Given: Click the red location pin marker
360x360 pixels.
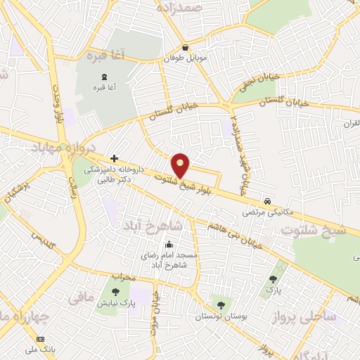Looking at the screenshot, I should tap(181, 165).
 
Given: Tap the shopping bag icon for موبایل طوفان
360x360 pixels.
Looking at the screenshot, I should tap(184, 48).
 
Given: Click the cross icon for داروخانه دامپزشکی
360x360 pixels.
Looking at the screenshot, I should tap(115, 159).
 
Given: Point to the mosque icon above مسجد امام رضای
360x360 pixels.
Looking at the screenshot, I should tap(168, 245).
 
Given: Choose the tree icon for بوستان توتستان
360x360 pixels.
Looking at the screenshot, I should tap(221, 304).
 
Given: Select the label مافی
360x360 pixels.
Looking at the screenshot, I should tap(79, 299).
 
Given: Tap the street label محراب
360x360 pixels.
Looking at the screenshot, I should tap(122, 277).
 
